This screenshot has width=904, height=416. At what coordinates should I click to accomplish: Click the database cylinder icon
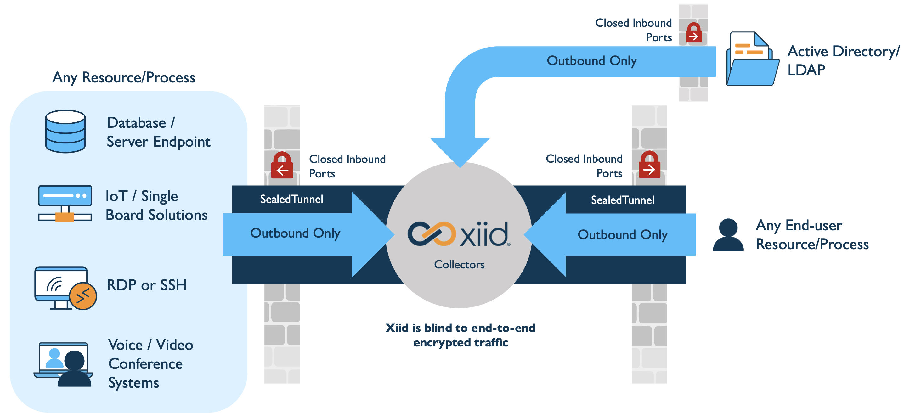click(x=65, y=131)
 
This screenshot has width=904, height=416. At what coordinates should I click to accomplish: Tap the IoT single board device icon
click(x=65, y=204)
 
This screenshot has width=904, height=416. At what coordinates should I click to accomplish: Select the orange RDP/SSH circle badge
click(x=83, y=296)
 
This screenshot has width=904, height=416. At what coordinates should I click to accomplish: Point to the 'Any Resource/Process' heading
click(x=123, y=77)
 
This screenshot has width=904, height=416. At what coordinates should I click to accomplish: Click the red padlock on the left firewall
click(x=282, y=166)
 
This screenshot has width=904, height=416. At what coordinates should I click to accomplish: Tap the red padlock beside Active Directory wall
click(x=694, y=33)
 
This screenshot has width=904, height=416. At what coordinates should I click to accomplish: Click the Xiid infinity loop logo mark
click(x=431, y=233)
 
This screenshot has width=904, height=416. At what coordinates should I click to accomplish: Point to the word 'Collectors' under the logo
click(x=459, y=264)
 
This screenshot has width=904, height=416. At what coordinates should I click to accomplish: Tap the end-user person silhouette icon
click(x=728, y=235)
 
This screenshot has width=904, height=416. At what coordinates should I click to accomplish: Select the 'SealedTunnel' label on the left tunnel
click(x=291, y=199)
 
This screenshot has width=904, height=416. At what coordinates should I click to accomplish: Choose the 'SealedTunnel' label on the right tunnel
click(x=622, y=200)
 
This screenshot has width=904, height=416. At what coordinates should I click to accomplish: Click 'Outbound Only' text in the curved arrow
click(x=591, y=61)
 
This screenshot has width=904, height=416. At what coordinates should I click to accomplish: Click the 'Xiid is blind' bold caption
click(x=460, y=335)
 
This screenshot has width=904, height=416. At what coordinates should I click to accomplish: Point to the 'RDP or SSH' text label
click(x=147, y=285)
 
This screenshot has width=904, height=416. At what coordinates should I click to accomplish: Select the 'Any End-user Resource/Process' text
click(x=812, y=235)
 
